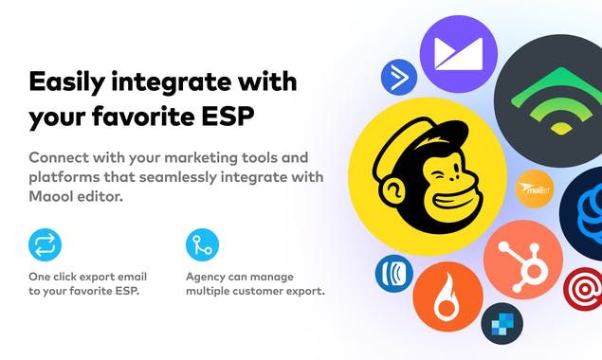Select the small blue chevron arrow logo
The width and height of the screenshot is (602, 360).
tap(399, 78)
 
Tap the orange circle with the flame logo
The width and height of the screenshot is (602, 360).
tap(447, 297)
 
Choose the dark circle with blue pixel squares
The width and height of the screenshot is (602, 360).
tap(502, 324)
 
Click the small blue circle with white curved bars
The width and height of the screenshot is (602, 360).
tap(392, 274)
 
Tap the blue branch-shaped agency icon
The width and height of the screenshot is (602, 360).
tap(202, 244)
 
